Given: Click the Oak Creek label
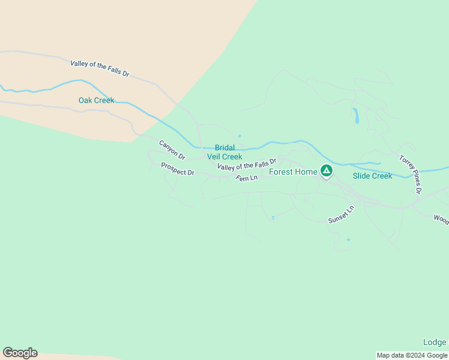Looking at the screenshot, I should (96, 100).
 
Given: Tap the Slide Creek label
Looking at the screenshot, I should (372, 176).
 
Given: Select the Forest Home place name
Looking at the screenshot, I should (293, 172).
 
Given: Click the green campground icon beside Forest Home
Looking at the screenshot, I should (326, 172).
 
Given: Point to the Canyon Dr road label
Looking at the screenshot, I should (172, 150).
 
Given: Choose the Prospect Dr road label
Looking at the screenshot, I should (178, 169).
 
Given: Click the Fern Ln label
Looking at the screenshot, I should (246, 178).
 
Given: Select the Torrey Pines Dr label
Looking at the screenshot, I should (411, 174).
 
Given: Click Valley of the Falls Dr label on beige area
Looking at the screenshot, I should (100, 68).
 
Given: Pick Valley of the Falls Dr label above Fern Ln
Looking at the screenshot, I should (247, 163).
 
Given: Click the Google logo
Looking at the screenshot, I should (20, 353).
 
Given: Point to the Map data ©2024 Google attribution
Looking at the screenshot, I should (412, 355).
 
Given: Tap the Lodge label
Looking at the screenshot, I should (435, 343).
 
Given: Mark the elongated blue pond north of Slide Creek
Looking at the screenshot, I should (355, 115).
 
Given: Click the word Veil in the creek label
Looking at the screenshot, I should (215, 157).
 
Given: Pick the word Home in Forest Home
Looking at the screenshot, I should (306, 172).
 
